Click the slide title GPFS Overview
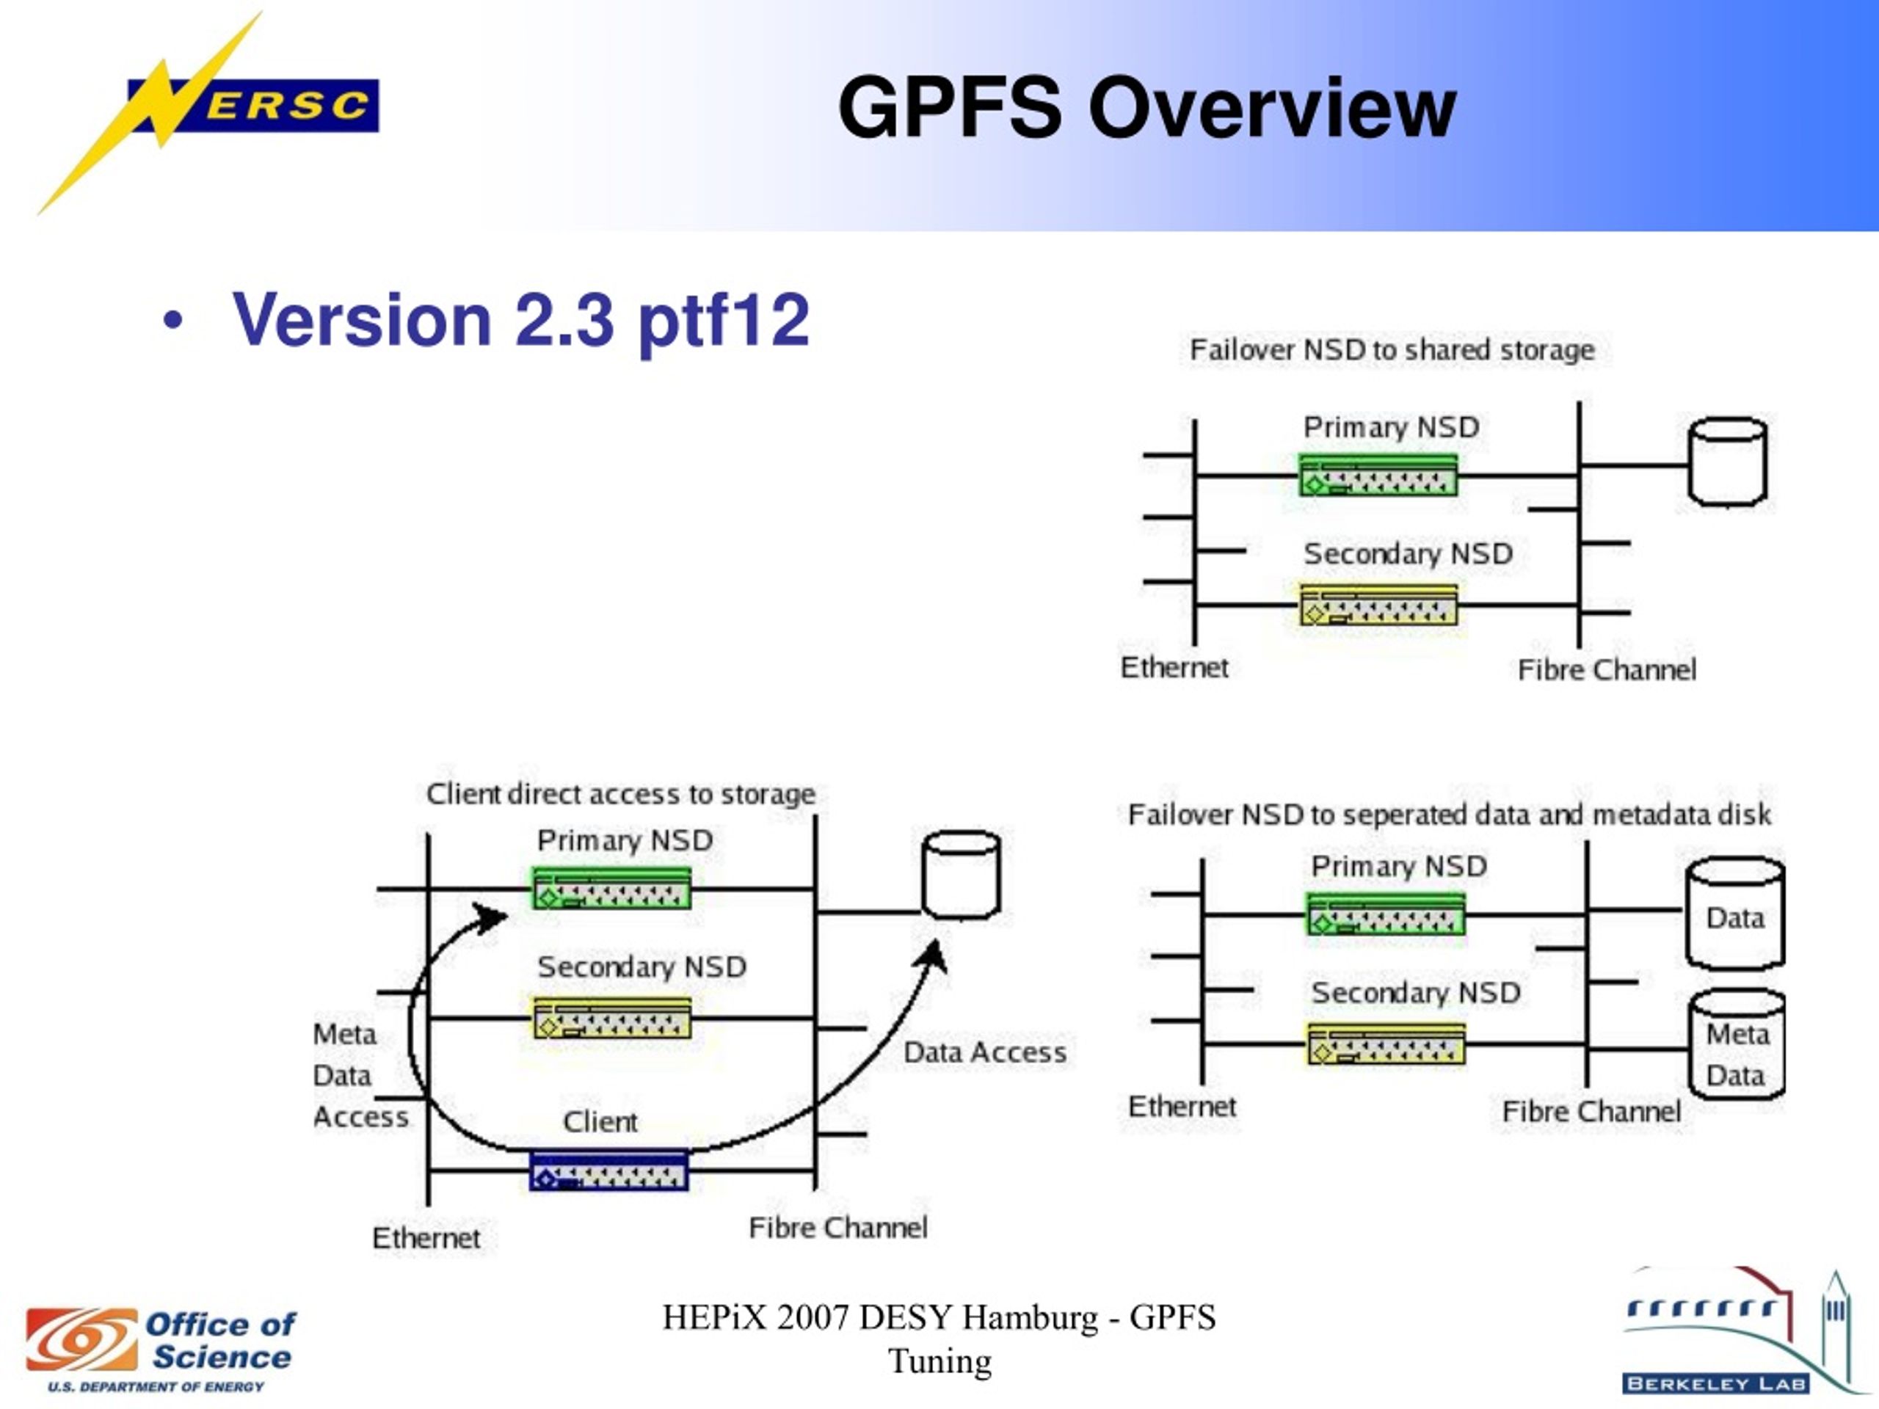tap(1146, 108)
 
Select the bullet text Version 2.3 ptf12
tap(520, 319)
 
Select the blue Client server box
tap(609, 1171)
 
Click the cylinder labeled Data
tap(1734, 914)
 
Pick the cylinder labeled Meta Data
tap(1737, 1046)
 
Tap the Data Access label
tap(984, 1053)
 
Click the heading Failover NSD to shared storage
tap(1392, 350)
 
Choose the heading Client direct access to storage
tap(620, 794)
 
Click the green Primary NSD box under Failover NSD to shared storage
tap(1378, 476)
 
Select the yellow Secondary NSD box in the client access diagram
tap(611, 1017)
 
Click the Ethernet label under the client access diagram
tap(426, 1238)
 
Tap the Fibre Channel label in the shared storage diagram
tap(1606, 670)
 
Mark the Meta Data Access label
tap(360, 1075)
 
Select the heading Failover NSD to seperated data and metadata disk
tap(1448, 815)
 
